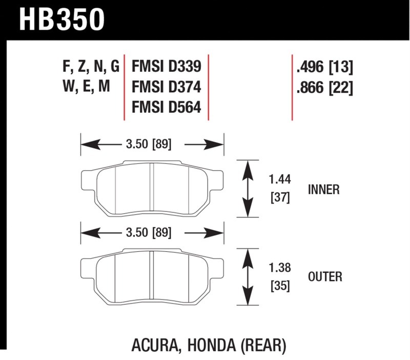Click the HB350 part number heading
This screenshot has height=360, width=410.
click(61, 19)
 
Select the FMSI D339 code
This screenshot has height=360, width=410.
click(166, 66)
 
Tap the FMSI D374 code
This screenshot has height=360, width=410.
click(166, 87)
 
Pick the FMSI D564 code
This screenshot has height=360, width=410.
click(166, 107)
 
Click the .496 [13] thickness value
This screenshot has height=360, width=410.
click(324, 67)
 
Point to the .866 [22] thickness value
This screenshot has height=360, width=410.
click(324, 87)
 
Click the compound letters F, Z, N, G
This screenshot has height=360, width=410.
click(91, 67)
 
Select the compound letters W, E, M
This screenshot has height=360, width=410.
click(86, 86)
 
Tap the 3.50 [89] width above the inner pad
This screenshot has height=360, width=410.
click(149, 144)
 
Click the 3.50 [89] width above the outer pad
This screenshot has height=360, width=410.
click(149, 232)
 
